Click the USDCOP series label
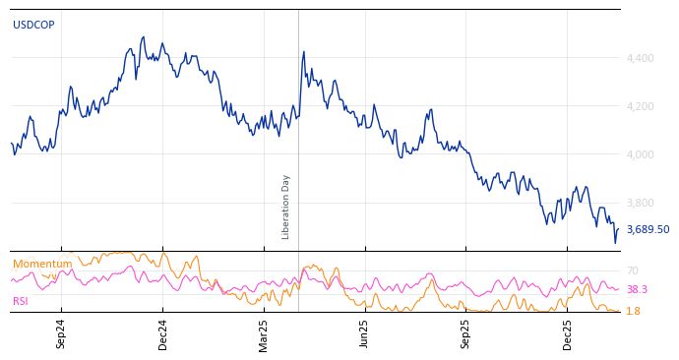33,26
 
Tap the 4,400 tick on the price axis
640,58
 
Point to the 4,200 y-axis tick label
640,106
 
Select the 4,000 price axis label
640,154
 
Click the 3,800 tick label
640,203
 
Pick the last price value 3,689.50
648,229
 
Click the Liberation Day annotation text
286,207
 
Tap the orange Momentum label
42,265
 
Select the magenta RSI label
21,301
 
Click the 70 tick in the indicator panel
633,270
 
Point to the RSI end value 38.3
637,290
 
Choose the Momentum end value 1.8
634,311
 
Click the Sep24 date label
61,333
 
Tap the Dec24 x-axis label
163,333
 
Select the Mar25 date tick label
264,333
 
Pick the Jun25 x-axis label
364,333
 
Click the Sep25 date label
465,333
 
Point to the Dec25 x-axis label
568,333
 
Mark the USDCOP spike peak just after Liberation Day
304,51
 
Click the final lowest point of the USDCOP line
615,242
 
